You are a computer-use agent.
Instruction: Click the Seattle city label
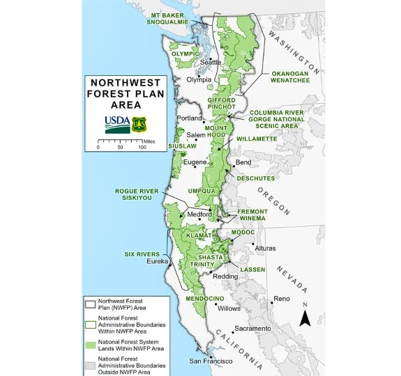(x=210, y=62)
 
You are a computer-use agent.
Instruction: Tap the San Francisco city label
(x=210, y=361)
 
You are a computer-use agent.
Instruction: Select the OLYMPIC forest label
(x=186, y=54)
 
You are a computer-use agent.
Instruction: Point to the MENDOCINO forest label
(x=184, y=298)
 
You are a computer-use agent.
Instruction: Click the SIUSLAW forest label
(x=183, y=146)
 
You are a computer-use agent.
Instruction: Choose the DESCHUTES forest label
(x=257, y=178)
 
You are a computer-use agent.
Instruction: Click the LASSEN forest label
(x=252, y=269)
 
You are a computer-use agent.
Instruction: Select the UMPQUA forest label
(x=202, y=190)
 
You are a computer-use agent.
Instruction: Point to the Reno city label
(x=281, y=299)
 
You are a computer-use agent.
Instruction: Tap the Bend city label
(x=243, y=162)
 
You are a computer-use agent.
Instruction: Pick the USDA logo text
(x=116, y=123)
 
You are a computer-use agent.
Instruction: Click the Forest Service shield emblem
(x=139, y=124)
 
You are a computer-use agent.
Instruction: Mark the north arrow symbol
(x=305, y=318)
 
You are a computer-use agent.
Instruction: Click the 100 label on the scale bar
(x=142, y=148)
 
